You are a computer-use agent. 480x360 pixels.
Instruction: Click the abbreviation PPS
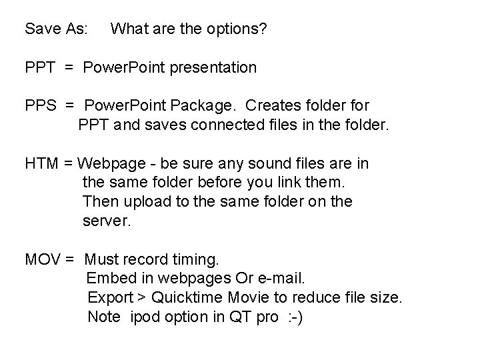(x=41, y=105)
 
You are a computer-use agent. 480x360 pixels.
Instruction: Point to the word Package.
(x=207, y=105)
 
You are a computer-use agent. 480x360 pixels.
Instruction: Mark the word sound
(x=246, y=163)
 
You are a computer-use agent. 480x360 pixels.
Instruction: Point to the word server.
(x=107, y=220)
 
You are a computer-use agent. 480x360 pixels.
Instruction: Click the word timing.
(x=199, y=259)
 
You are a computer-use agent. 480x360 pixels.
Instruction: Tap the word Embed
(x=108, y=277)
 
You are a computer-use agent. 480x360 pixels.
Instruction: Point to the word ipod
(x=145, y=317)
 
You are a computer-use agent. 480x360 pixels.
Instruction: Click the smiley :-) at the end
(x=294, y=317)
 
